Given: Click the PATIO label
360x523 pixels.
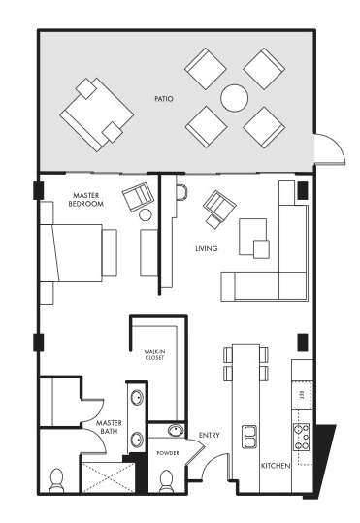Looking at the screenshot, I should coord(163,98).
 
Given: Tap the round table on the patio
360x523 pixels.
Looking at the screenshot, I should coord(234,97).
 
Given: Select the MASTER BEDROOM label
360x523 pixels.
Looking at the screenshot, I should coord(86,200).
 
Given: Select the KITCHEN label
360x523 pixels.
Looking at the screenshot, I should coord(276,467).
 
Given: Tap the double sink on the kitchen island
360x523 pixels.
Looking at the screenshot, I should coord(249,436).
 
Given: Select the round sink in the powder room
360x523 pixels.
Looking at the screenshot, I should coord(175,432).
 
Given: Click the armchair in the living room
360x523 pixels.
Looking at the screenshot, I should coord(219,206).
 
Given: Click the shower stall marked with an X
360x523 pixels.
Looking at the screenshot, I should coord(106,478).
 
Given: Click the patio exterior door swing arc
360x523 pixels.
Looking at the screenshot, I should coord(333,147).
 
